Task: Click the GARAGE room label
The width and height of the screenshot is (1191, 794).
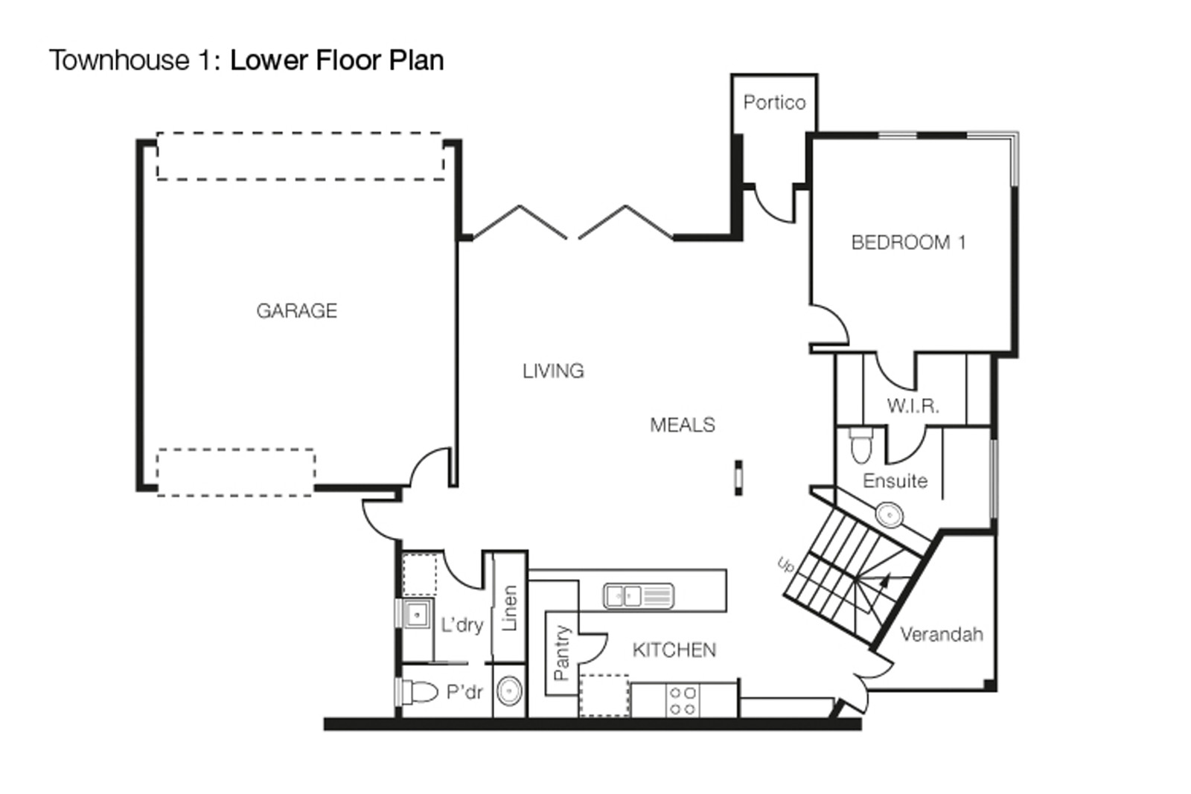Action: (297, 310)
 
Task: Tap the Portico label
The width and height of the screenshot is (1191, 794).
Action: (774, 102)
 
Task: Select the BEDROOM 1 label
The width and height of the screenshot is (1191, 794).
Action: (908, 243)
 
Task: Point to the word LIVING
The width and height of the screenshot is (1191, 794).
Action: (553, 371)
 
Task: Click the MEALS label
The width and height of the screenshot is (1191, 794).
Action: (683, 425)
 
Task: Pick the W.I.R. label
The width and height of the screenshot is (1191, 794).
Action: (913, 406)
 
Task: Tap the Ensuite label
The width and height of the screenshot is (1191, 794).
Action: (895, 481)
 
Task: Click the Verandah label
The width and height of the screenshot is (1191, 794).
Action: (941, 634)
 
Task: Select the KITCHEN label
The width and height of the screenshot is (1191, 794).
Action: (674, 650)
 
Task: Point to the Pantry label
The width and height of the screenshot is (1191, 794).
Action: (561, 653)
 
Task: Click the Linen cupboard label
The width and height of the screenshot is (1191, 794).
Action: (509, 608)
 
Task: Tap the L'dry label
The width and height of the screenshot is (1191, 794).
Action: (462, 625)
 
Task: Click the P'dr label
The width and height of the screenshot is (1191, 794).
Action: (464, 692)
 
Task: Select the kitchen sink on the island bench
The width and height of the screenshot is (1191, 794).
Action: (639, 596)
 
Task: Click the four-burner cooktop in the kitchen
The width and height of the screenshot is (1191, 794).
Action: (683, 701)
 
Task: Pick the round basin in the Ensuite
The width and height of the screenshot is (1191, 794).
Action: (889, 515)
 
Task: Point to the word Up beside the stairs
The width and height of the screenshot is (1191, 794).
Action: (786, 564)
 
